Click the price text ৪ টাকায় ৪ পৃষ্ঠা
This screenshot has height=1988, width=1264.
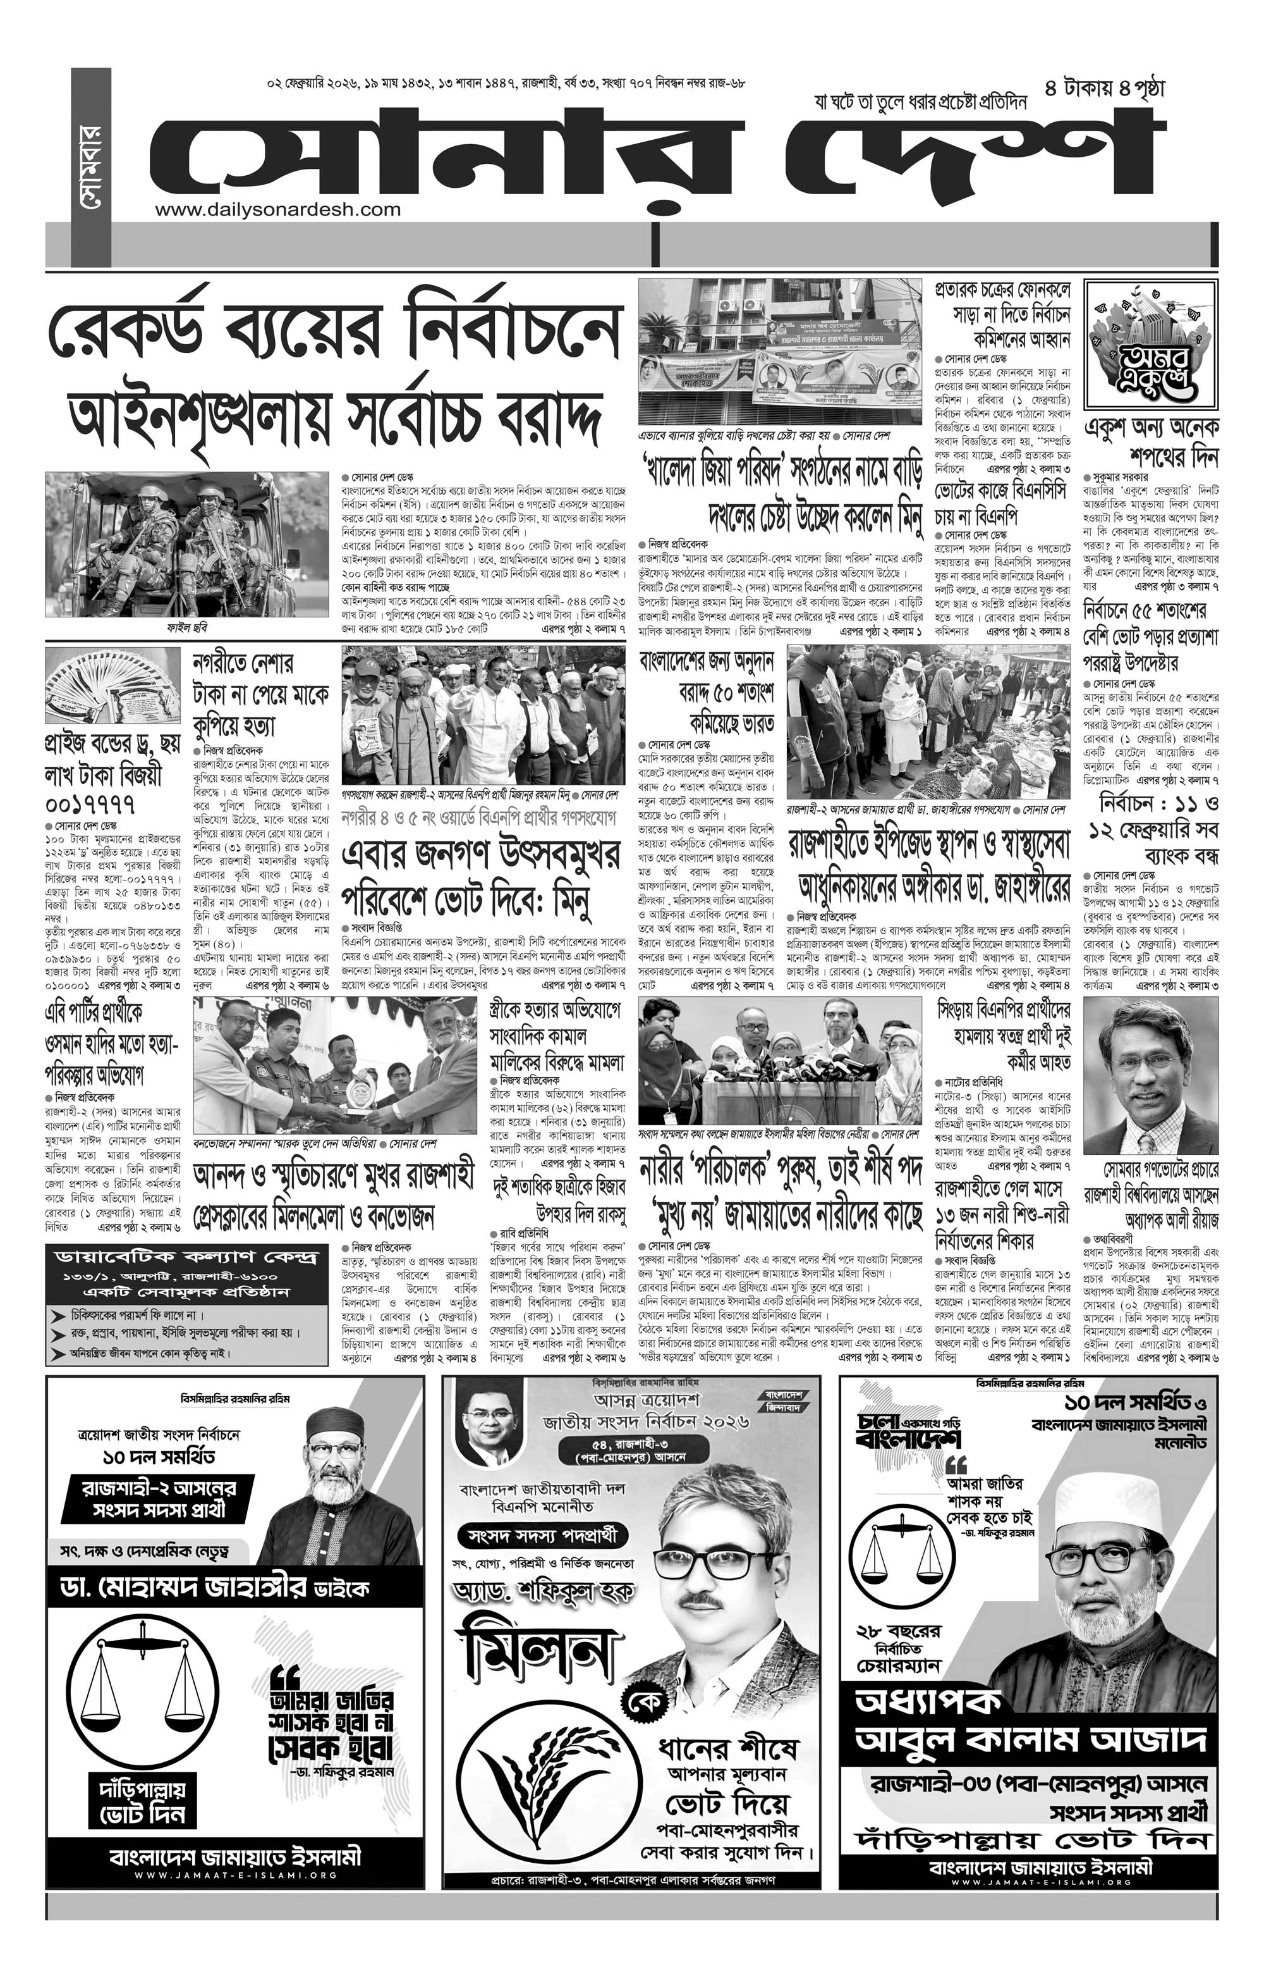(x=1104, y=89)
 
